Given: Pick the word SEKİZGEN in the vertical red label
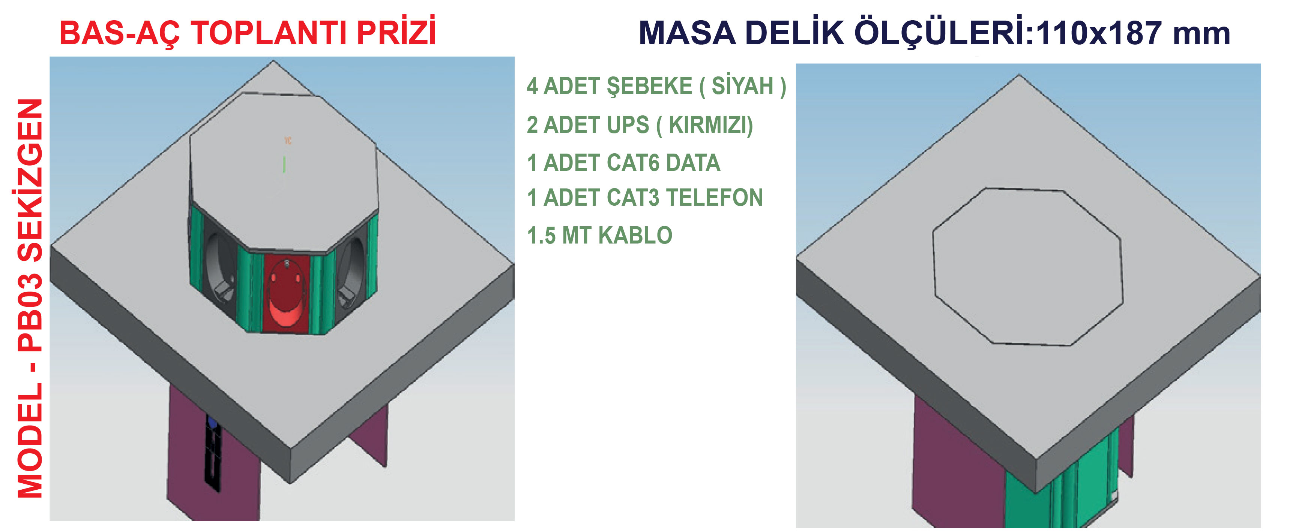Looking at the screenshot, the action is (30, 181).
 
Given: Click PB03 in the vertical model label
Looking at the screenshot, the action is (30, 312).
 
